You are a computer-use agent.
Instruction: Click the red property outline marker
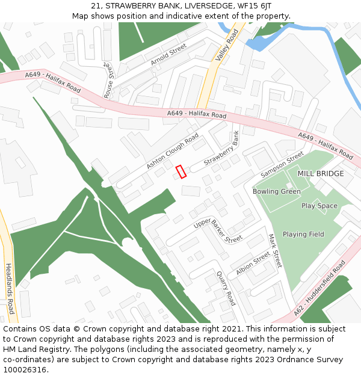pos(180,171)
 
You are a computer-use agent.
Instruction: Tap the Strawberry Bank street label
pos(221,151)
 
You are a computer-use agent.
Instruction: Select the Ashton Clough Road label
pos(172,151)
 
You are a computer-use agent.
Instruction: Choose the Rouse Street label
pos(109,81)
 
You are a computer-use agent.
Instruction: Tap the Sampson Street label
pos(282,164)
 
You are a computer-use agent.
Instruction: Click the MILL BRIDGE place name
pos(321,174)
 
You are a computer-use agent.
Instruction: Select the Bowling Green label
pos(276,191)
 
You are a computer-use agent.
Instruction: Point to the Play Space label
pos(319,206)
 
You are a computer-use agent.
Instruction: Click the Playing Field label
pos(303,235)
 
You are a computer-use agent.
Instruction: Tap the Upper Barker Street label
pos(217,231)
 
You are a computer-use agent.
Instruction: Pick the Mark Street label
pos(275,251)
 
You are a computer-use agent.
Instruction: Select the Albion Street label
pos(253,264)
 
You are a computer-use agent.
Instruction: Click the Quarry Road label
pos(226,288)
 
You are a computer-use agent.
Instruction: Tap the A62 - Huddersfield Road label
pos(320,288)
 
